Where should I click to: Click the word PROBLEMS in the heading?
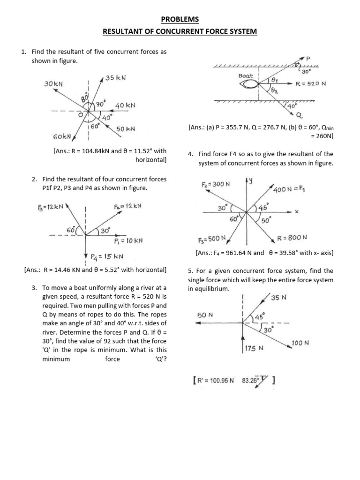(x=180, y=19)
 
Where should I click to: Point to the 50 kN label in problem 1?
(x=126, y=128)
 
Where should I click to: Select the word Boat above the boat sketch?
(x=246, y=75)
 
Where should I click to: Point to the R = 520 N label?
(x=311, y=84)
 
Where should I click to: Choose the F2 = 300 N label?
(x=216, y=184)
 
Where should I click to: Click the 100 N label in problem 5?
(x=300, y=343)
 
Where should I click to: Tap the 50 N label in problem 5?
(x=205, y=315)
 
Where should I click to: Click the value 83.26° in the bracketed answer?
(x=250, y=381)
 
